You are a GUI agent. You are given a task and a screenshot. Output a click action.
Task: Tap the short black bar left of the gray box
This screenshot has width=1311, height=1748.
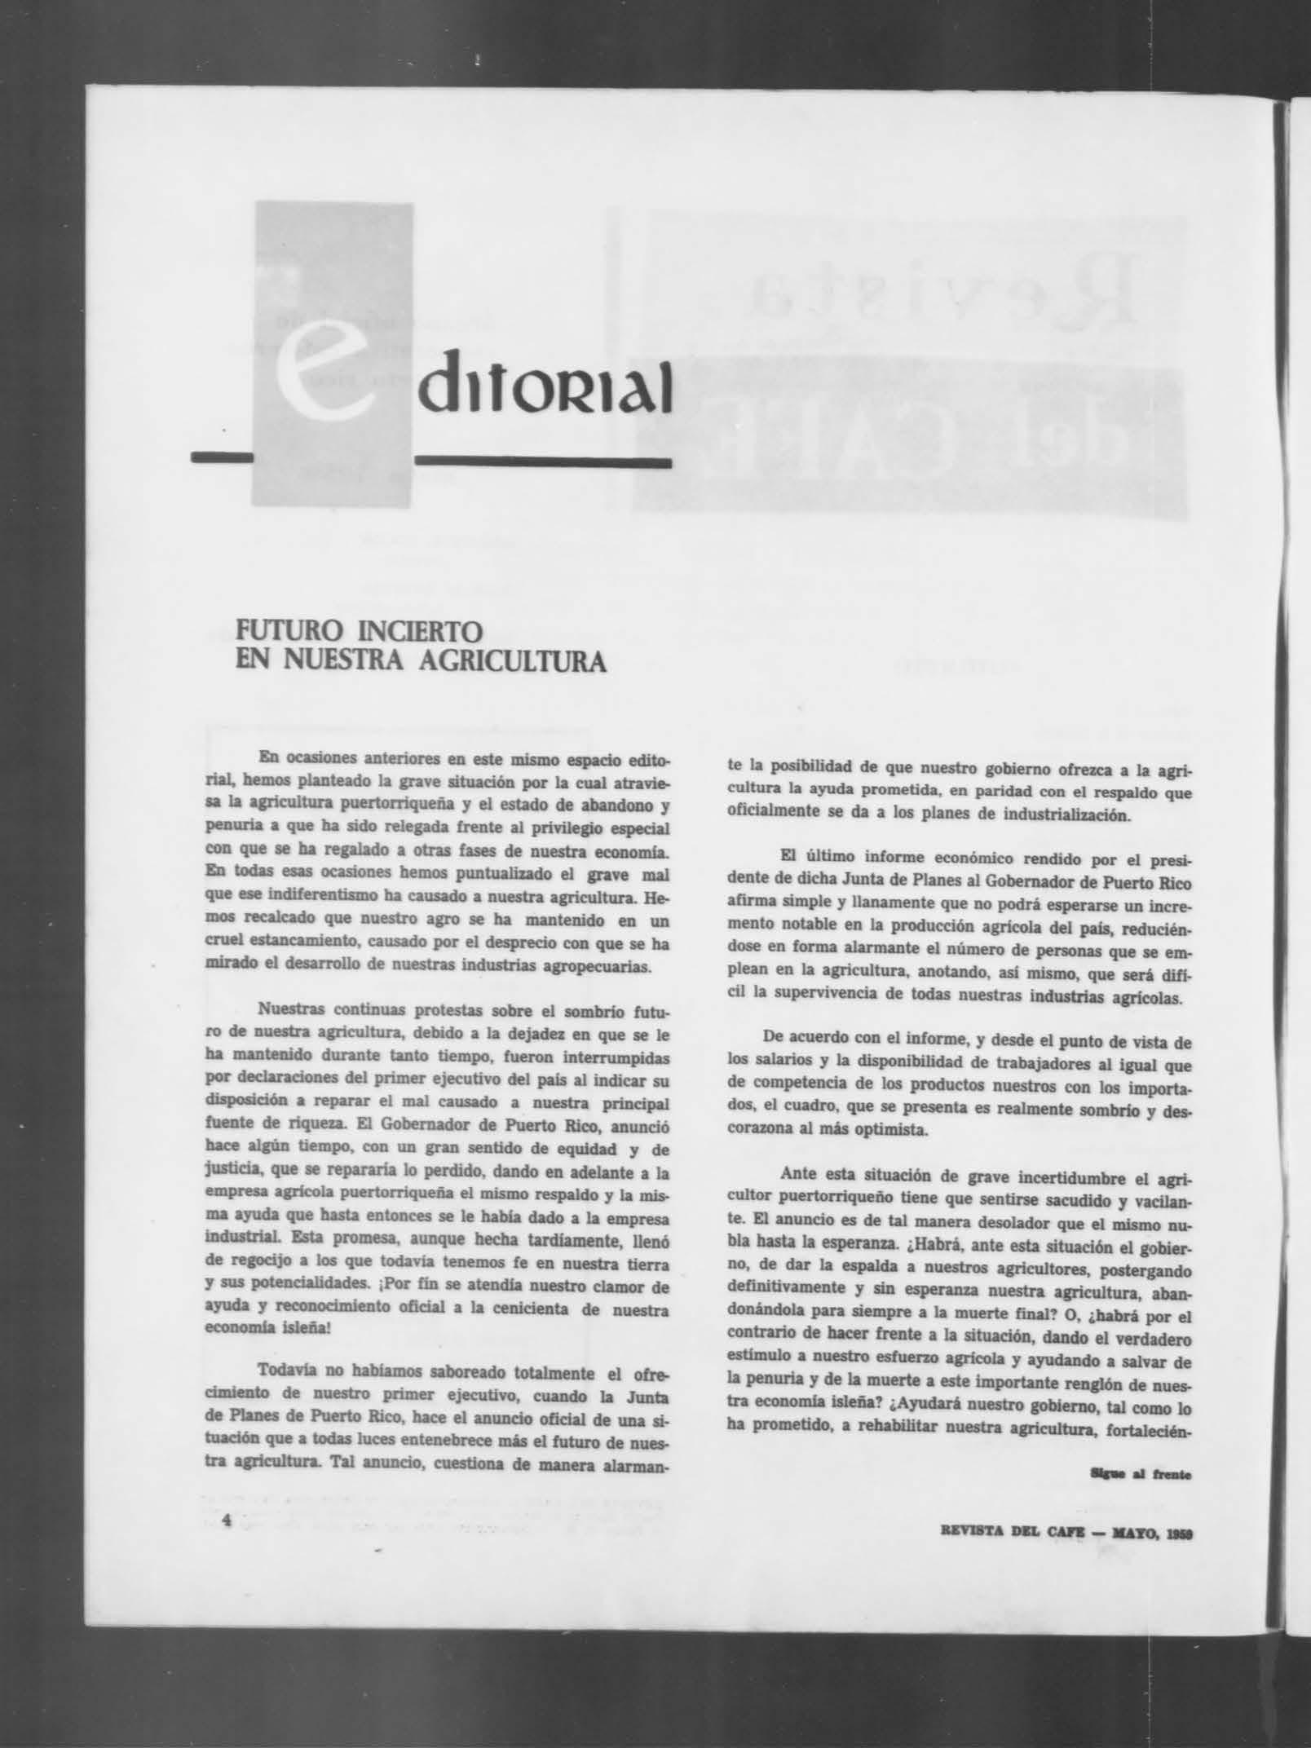221,458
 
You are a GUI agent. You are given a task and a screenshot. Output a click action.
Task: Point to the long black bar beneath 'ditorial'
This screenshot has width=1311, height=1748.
543,462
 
